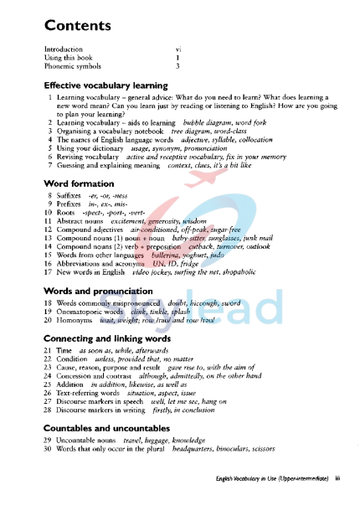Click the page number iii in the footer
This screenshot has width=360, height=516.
coord(337,502)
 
